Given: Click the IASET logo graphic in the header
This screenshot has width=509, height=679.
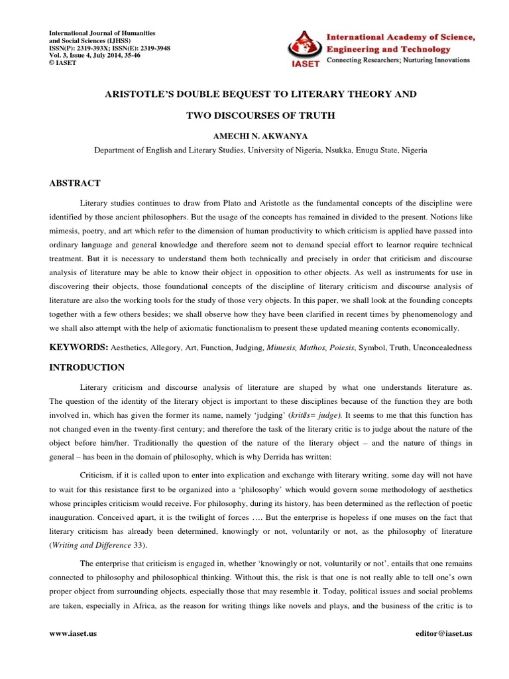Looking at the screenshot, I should click(x=304, y=48).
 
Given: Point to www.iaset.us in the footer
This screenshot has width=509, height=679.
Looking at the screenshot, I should click(x=73, y=633).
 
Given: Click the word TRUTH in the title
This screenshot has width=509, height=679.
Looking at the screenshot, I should click(x=317, y=115).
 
